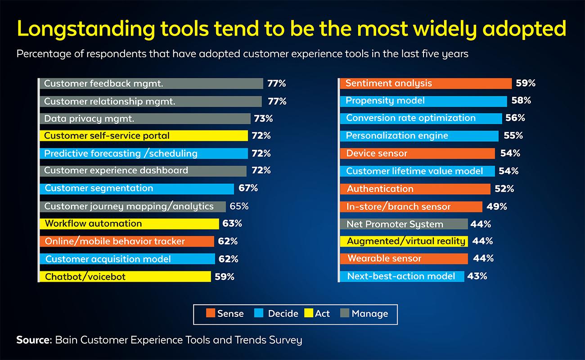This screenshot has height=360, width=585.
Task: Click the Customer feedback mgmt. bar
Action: pyautogui.click(x=151, y=84)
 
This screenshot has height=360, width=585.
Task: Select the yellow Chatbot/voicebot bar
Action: pyautogui.click(x=125, y=277)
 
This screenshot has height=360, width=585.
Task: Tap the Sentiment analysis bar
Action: pyautogui.click(x=425, y=84)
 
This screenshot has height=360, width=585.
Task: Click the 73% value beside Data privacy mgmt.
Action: pyautogui.click(x=263, y=119)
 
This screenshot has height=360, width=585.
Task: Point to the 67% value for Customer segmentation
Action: pyautogui.click(x=247, y=188)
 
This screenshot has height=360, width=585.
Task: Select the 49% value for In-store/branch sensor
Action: pyautogui.click(x=497, y=207)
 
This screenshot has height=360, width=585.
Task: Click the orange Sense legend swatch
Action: pyautogui.click(x=210, y=314)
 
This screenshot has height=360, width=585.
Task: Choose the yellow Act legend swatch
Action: pyautogui.click(x=308, y=314)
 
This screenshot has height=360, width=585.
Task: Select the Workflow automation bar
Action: pyautogui.click(x=130, y=224)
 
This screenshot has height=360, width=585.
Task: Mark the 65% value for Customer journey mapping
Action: pyautogui.click(x=239, y=207)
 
